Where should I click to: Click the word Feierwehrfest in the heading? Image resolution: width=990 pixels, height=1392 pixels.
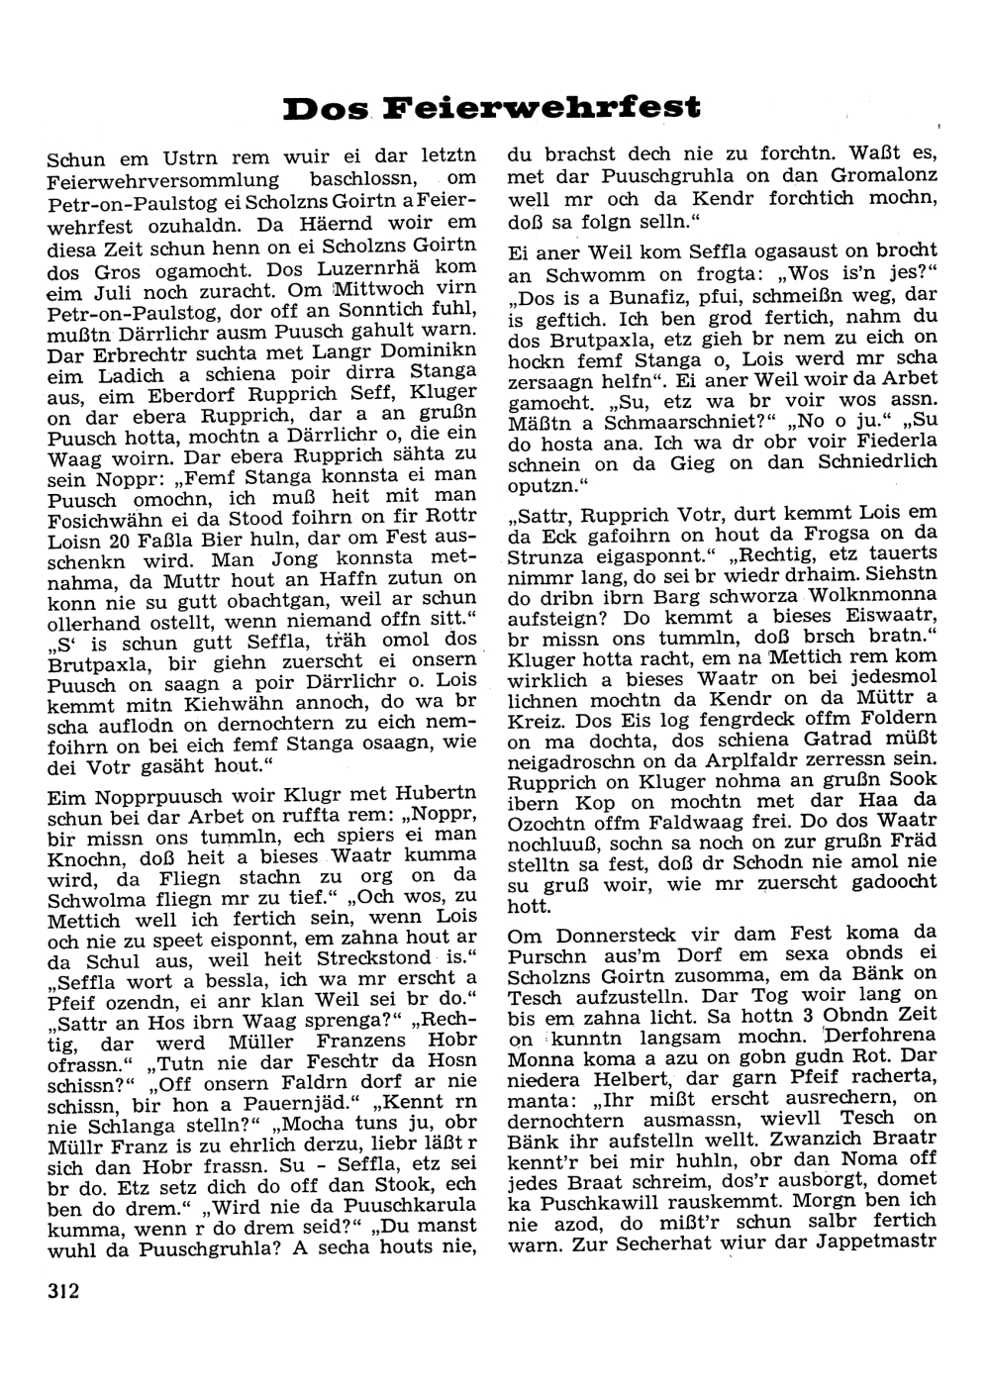(542, 107)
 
